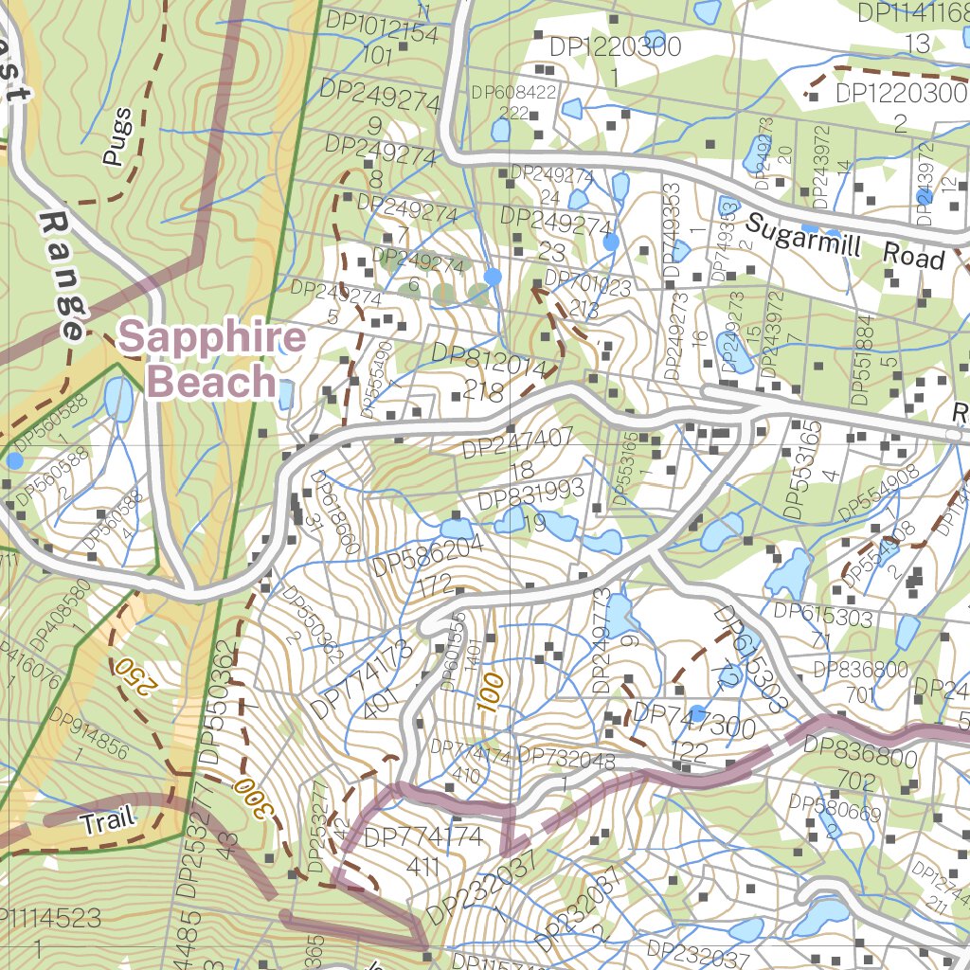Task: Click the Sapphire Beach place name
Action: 213,360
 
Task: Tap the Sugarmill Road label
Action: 843,242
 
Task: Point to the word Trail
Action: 107,821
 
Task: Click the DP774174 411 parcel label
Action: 423,850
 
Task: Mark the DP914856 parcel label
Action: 87,734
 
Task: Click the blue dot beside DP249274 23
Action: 611,242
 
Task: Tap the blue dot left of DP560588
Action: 14,460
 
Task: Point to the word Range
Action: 63,275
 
